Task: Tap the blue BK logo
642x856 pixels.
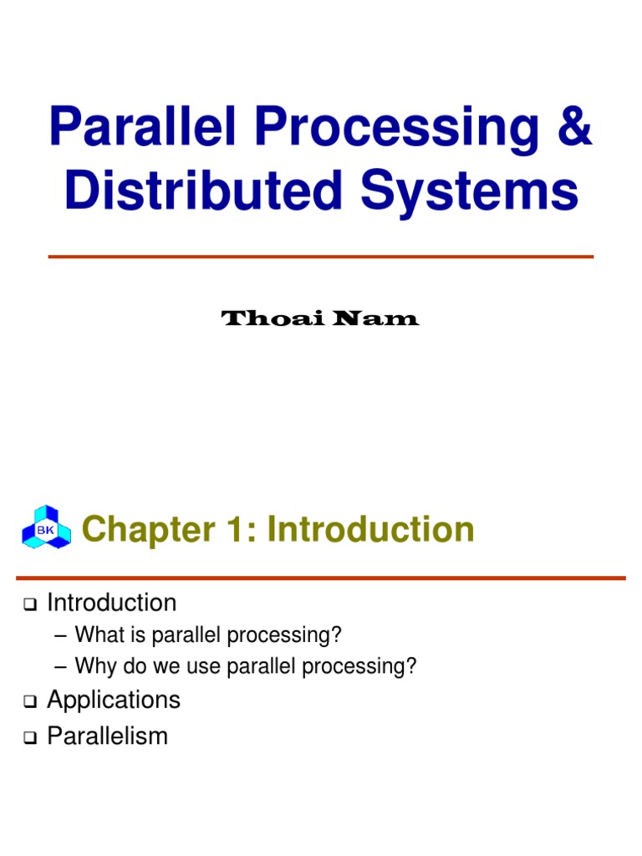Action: pyautogui.click(x=46, y=527)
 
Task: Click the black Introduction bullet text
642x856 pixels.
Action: pyautogui.click(x=111, y=603)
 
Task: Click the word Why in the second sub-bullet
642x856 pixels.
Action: pyautogui.click(x=92, y=667)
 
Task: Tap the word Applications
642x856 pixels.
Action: pyautogui.click(x=114, y=700)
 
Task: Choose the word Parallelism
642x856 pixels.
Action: pyautogui.click(x=108, y=736)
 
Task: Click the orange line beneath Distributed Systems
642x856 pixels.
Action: pyautogui.click(x=321, y=257)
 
